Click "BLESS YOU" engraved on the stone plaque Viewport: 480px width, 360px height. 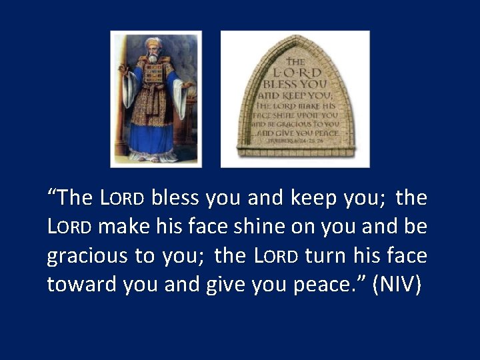(x=295, y=85)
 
